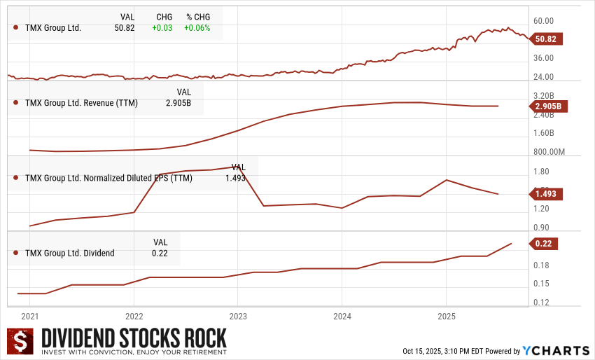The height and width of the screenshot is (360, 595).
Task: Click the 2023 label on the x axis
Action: [238, 316]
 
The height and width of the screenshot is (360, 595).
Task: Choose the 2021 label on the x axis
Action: [30, 316]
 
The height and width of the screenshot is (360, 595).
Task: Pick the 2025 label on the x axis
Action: [446, 316]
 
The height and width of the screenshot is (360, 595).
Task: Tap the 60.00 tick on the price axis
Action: [543, 21]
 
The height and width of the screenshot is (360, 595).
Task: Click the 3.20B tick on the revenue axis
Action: [543, 95]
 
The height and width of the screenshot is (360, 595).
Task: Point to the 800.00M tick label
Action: [548, 152]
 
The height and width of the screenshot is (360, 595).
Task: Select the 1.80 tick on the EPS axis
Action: [540, 172]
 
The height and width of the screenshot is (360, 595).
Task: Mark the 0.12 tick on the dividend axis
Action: [540, 303]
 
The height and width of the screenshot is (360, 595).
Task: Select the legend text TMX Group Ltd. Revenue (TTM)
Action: [81, 103]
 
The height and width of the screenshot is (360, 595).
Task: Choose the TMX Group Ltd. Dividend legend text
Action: [69, 253]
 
